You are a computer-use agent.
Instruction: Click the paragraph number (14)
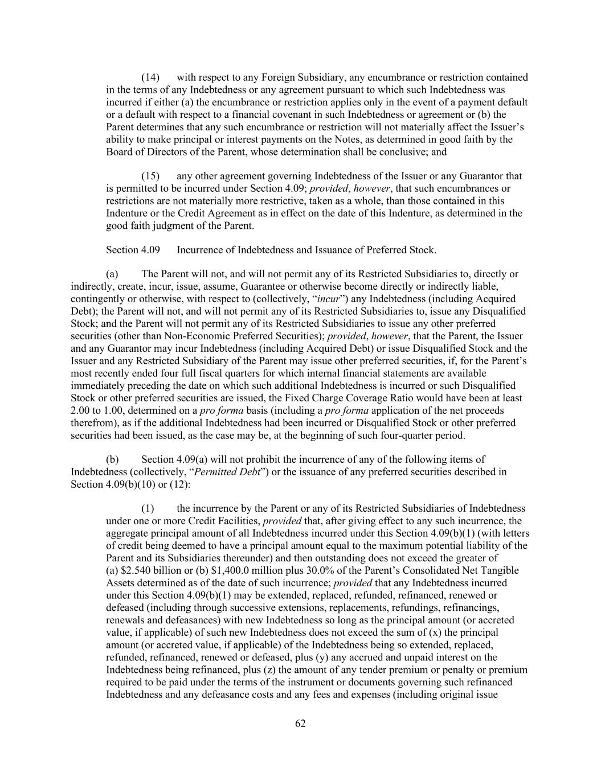pyautogui.click(x=150, y=77)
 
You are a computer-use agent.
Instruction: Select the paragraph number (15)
pyautogui.click(x=150, y=176)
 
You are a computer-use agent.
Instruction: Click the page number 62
pyautogui.click(x=301, y=724)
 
